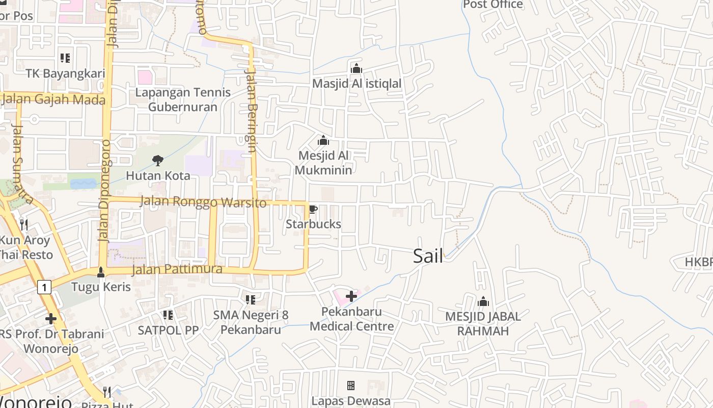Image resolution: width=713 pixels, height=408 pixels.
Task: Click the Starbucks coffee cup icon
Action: tap(313, 209)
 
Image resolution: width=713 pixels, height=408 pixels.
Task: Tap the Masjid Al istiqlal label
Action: tap(356, 83)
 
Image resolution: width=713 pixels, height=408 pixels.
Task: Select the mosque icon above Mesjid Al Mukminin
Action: tap(323, 140)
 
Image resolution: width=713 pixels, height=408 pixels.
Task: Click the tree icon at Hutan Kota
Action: tap(158, 161)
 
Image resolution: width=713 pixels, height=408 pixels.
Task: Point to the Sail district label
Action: tap(428, 256)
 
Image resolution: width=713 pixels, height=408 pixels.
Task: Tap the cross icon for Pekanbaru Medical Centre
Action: tap(351, 296)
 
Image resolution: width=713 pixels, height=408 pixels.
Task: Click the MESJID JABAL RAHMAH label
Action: tap(483, 324)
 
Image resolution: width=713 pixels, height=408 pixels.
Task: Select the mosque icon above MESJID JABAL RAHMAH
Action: tap(483, 301)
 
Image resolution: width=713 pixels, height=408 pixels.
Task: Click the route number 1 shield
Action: tap(44, 288)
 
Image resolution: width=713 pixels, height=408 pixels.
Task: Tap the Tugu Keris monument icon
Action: tap(101, 272)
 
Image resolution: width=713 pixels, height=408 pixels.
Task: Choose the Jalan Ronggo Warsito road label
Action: tap(203, 202)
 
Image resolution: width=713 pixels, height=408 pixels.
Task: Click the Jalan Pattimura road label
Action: tap(177, 269)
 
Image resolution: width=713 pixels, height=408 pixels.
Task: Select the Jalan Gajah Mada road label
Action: tap(53, 99)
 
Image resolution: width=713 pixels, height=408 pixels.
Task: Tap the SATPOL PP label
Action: tap(168, 330)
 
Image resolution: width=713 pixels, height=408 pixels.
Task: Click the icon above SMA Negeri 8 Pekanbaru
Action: tap(250, 299)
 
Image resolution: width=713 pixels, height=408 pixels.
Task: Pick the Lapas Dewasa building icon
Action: tap(350, 385)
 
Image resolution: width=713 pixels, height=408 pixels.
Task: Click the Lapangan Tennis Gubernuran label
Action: tap(183, 99)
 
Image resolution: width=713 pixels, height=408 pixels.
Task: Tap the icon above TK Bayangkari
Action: tap(65, 58)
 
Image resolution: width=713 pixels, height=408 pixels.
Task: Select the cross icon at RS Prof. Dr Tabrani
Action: tap(50, 319)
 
